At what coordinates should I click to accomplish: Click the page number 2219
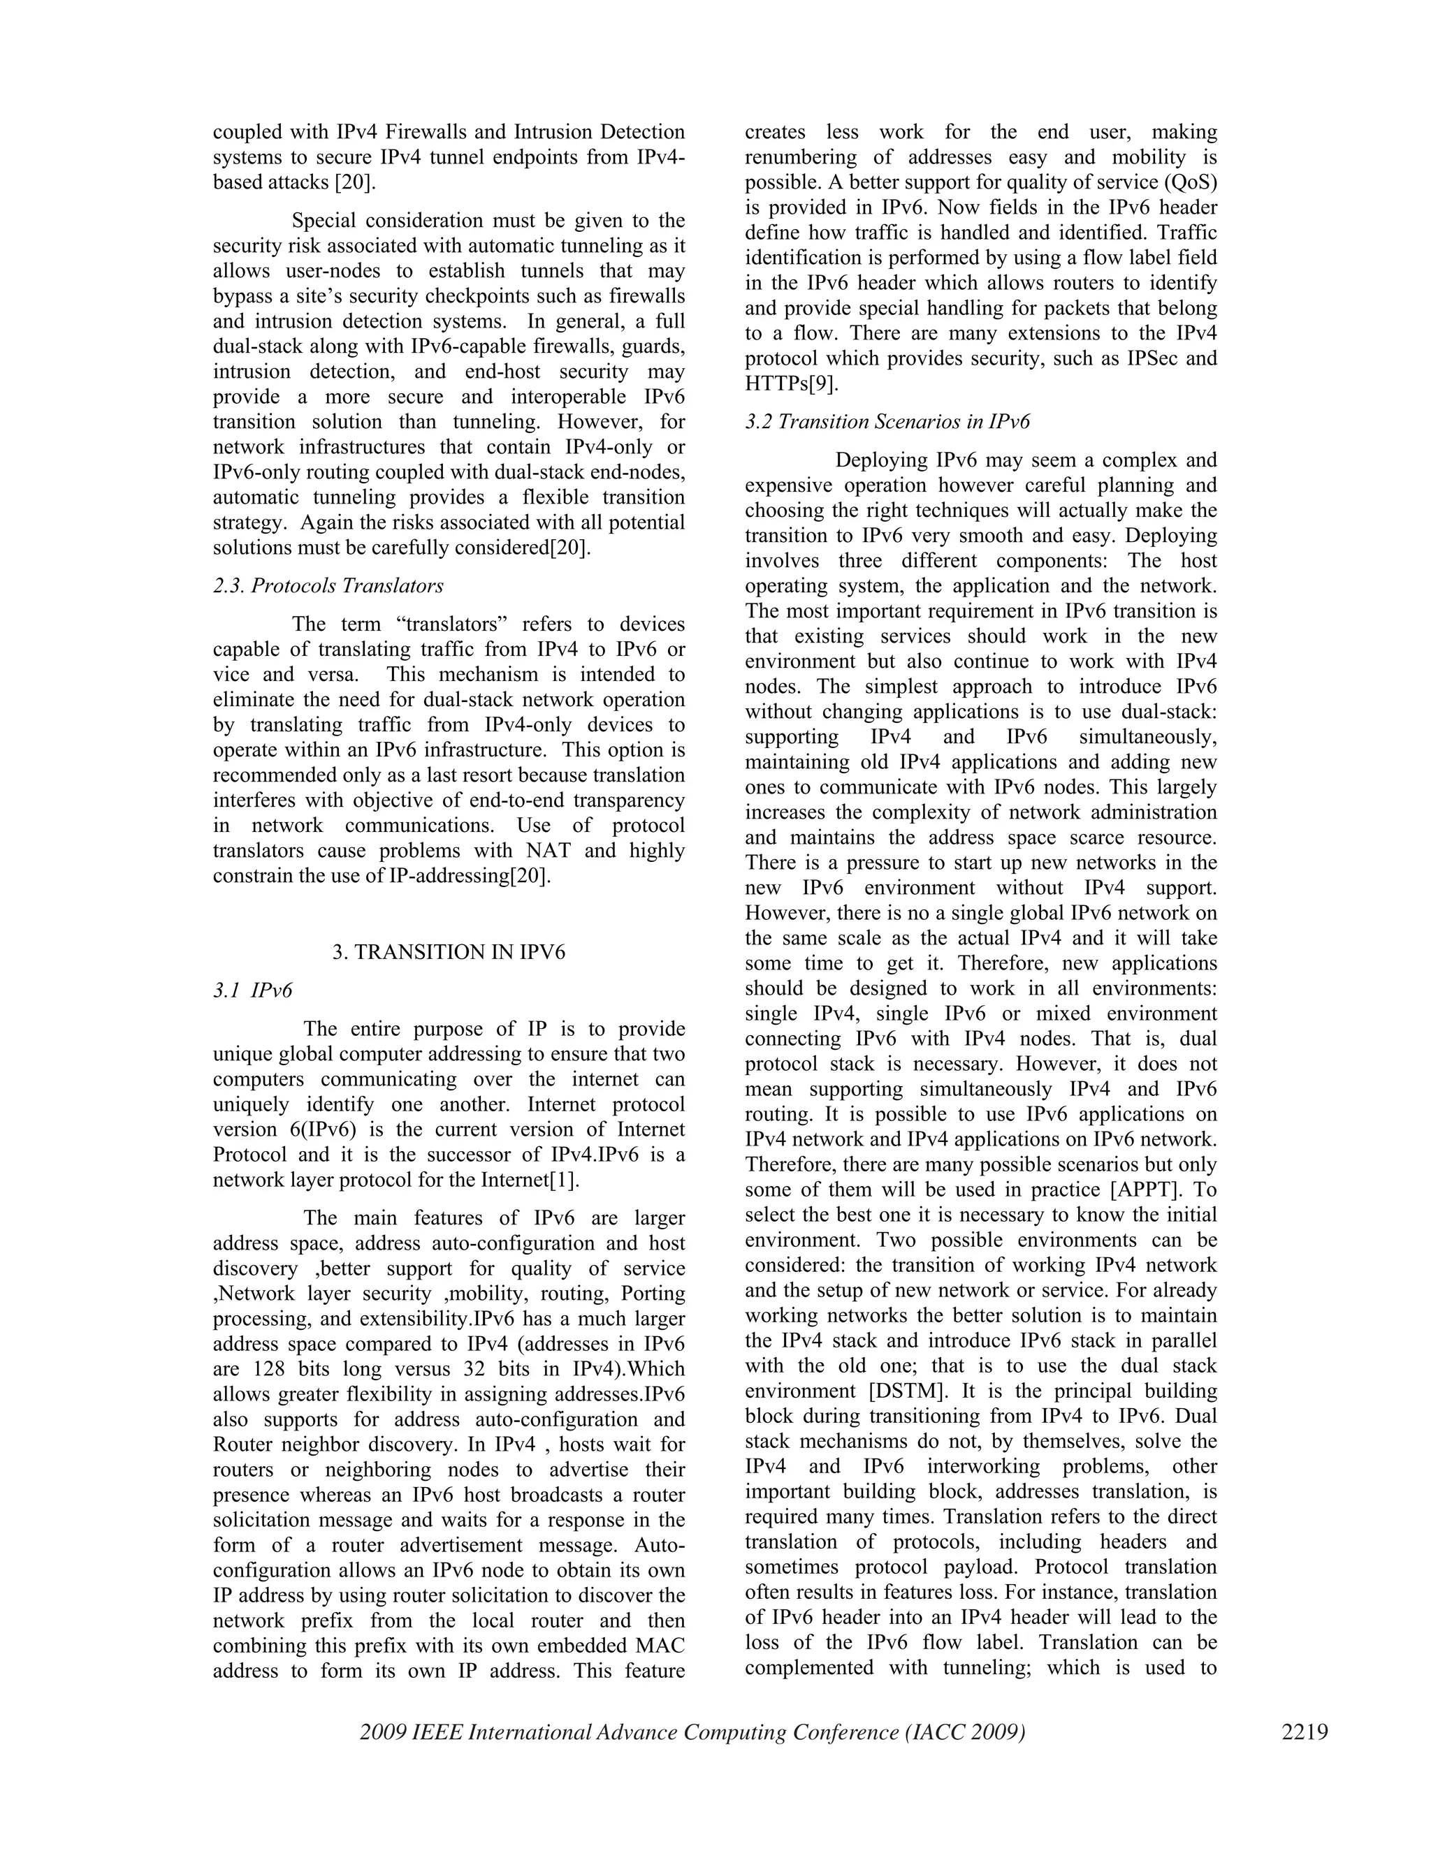click(1304, 1731)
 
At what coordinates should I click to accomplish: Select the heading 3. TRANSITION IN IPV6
click(449, 952)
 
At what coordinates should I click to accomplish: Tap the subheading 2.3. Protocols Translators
click(328, 585)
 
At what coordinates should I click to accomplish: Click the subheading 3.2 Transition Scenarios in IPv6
click(887, 421)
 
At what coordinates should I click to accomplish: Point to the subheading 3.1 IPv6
click(253, 990)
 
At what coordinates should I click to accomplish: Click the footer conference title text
click(692, 1731)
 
